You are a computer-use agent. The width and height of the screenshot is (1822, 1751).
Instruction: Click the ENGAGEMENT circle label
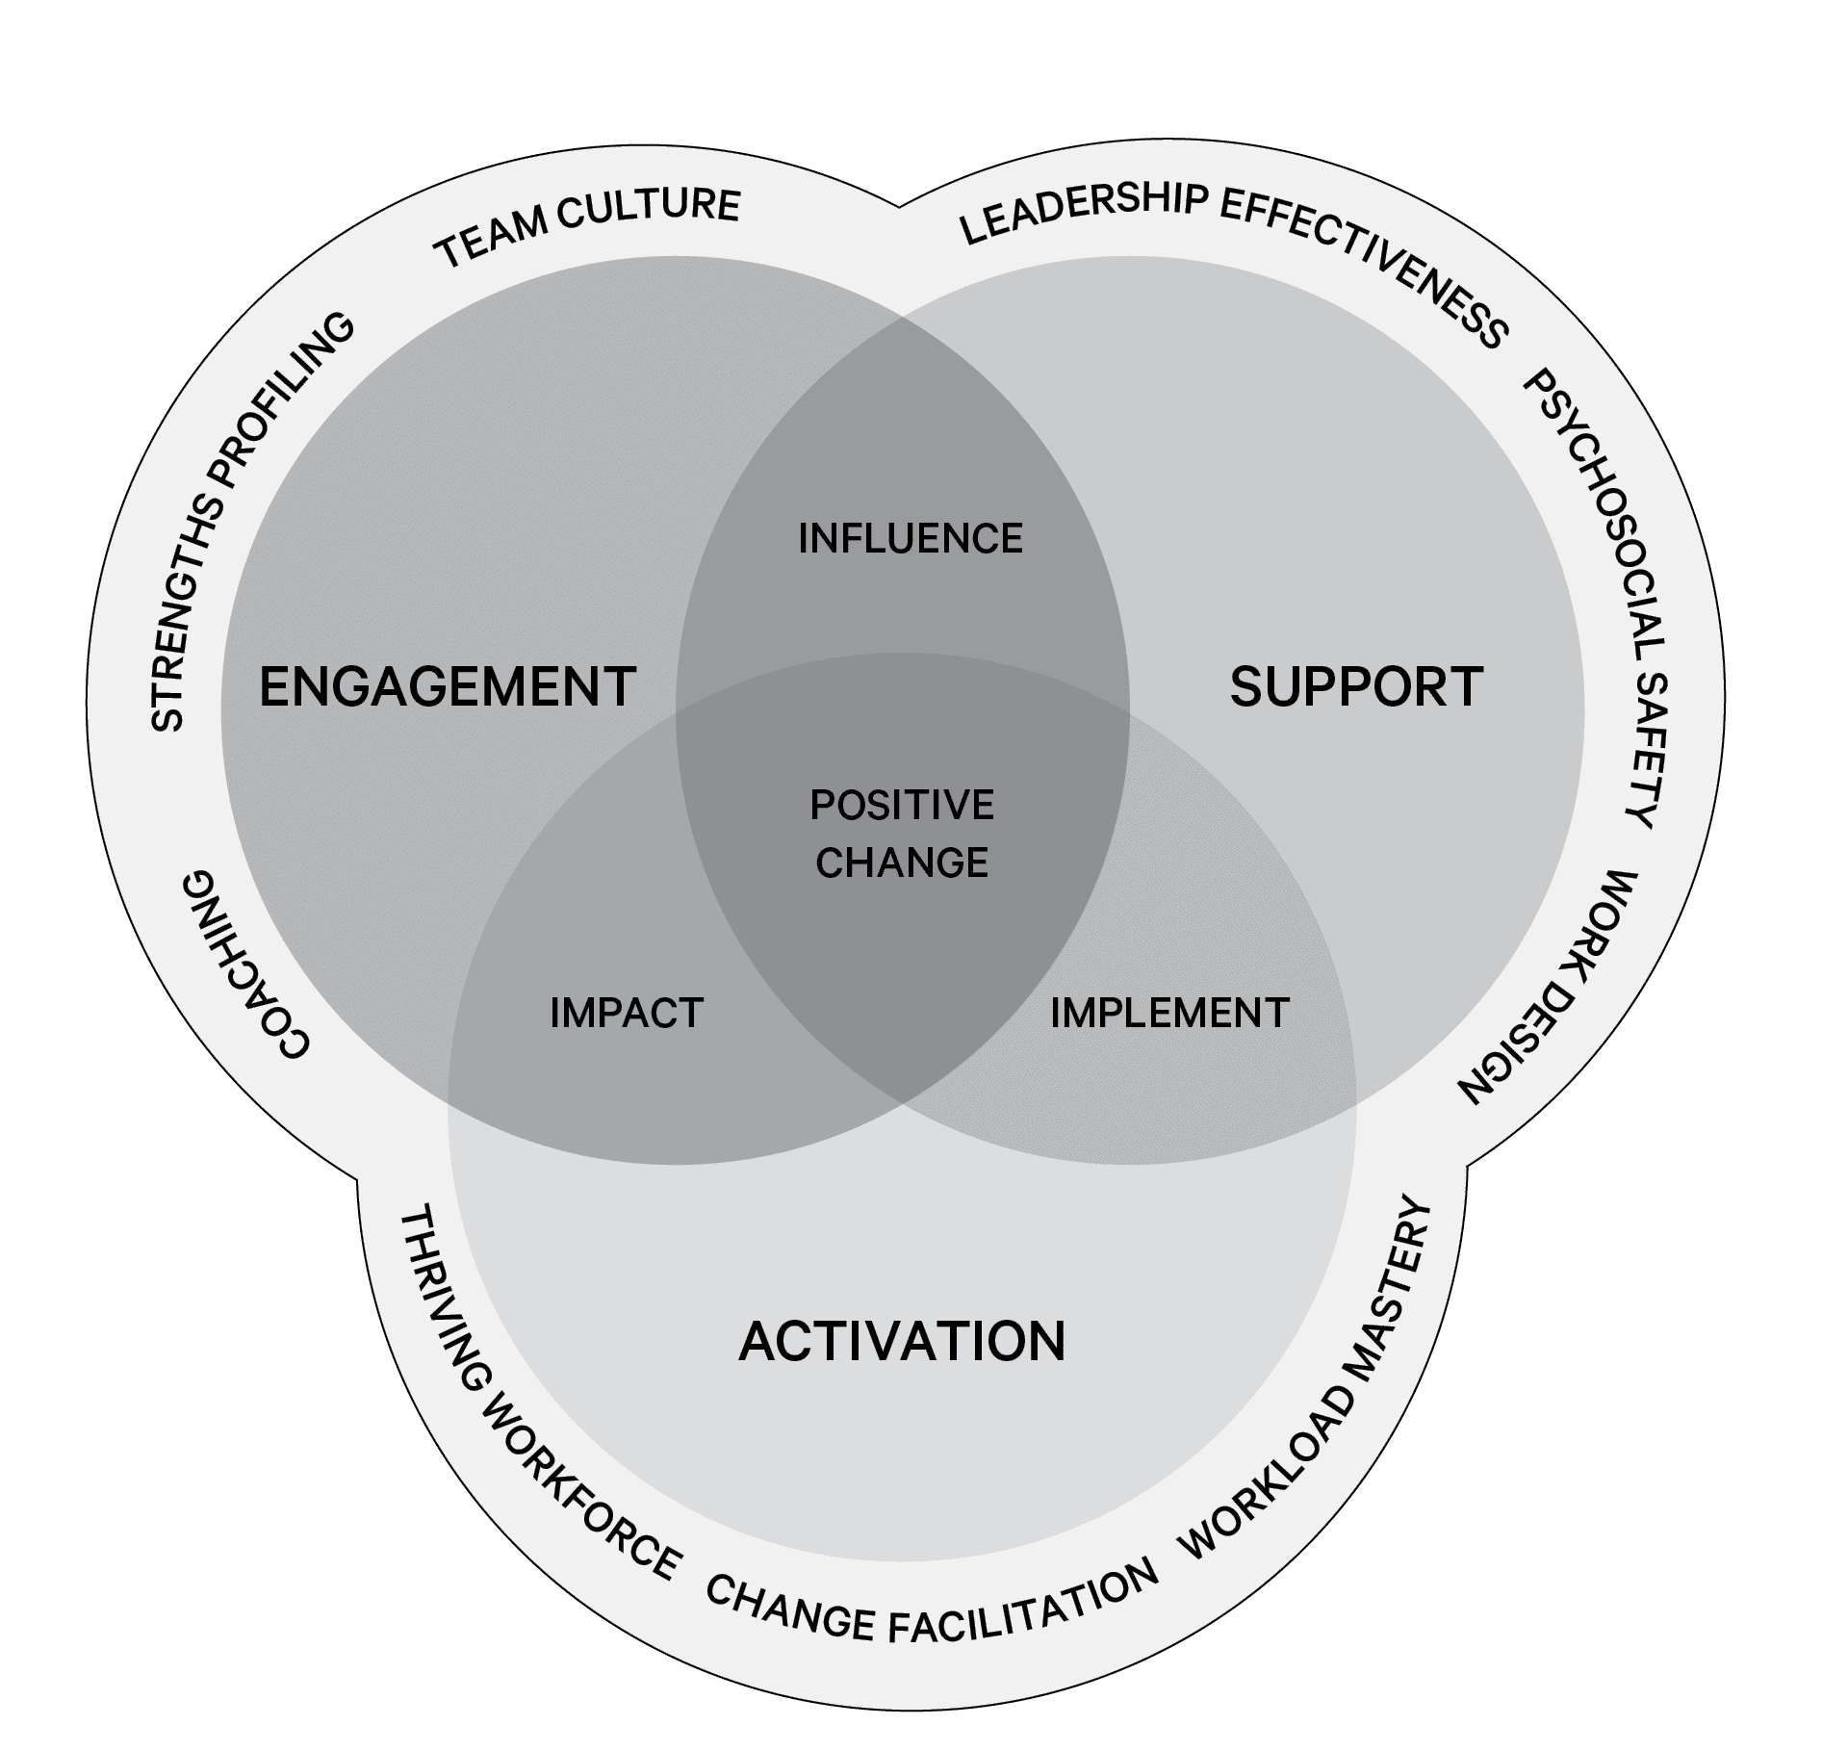click(x=448, y=687)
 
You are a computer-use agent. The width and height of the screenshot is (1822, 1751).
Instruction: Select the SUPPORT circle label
click(x=1356, y=687)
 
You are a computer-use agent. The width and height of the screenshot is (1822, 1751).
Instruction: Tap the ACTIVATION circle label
click(x=902, y=1341)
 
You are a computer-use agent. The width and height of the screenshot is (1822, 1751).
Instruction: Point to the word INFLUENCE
click(x=911, y=538)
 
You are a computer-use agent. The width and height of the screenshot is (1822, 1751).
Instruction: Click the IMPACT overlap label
click(x=627, y=1013)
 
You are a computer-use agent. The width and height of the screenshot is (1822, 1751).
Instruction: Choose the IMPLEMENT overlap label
click(x=1169, y=1013)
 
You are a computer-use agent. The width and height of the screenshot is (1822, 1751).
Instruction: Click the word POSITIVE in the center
click(x=902, y=805)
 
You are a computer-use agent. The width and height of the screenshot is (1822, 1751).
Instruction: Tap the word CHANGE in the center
click(x=902, y=863)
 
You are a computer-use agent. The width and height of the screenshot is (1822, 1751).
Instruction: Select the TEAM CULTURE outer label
click(x=588, y=225)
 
